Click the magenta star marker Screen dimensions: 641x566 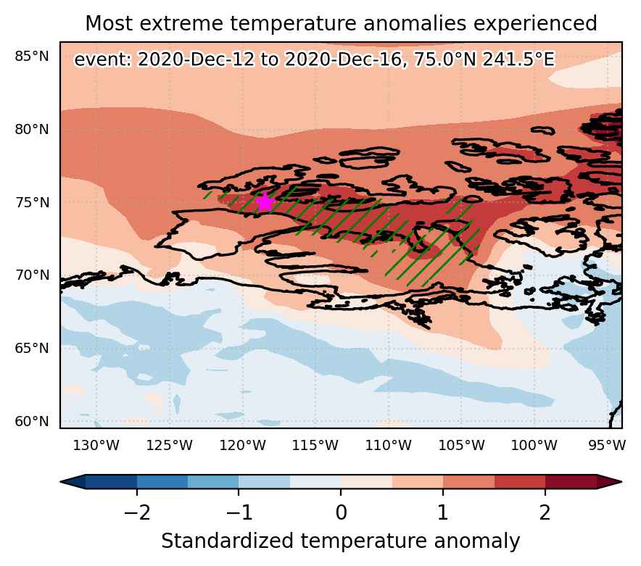265,202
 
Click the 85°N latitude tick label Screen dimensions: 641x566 31,57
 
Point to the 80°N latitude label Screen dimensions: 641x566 31,130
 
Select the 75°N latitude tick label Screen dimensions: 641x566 31,202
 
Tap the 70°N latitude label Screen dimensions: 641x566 31,275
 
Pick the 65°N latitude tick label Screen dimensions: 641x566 31,348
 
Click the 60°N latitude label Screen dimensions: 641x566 31,421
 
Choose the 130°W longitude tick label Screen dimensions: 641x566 96,445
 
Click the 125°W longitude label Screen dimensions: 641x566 169,445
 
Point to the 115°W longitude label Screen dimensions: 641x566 315,445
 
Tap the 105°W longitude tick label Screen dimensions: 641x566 462,445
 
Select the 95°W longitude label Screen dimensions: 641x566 607,445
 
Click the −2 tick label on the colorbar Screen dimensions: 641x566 137,512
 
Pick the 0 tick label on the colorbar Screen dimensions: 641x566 341,512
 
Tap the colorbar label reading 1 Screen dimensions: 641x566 443,512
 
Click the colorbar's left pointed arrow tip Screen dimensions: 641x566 61,482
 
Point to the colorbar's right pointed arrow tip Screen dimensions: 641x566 621,482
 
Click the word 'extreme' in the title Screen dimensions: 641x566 181,23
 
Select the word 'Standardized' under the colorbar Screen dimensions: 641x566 228,541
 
